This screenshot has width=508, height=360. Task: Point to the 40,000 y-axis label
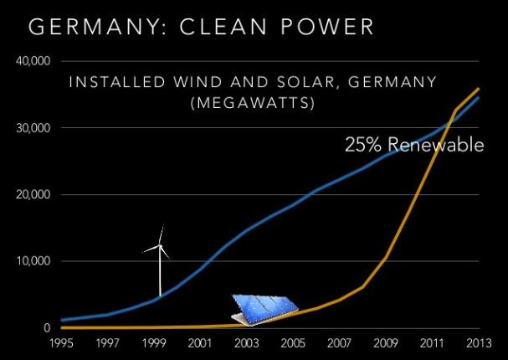[33, 62]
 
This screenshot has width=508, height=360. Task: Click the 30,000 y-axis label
[33, 128]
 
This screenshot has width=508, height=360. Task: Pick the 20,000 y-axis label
[33, 195]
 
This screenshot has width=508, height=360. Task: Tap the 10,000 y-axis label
[33, 261]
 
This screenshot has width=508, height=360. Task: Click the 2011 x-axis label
[431, 343]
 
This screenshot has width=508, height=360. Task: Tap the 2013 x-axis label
[479, 343]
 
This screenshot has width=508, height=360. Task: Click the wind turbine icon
[159, 260]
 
